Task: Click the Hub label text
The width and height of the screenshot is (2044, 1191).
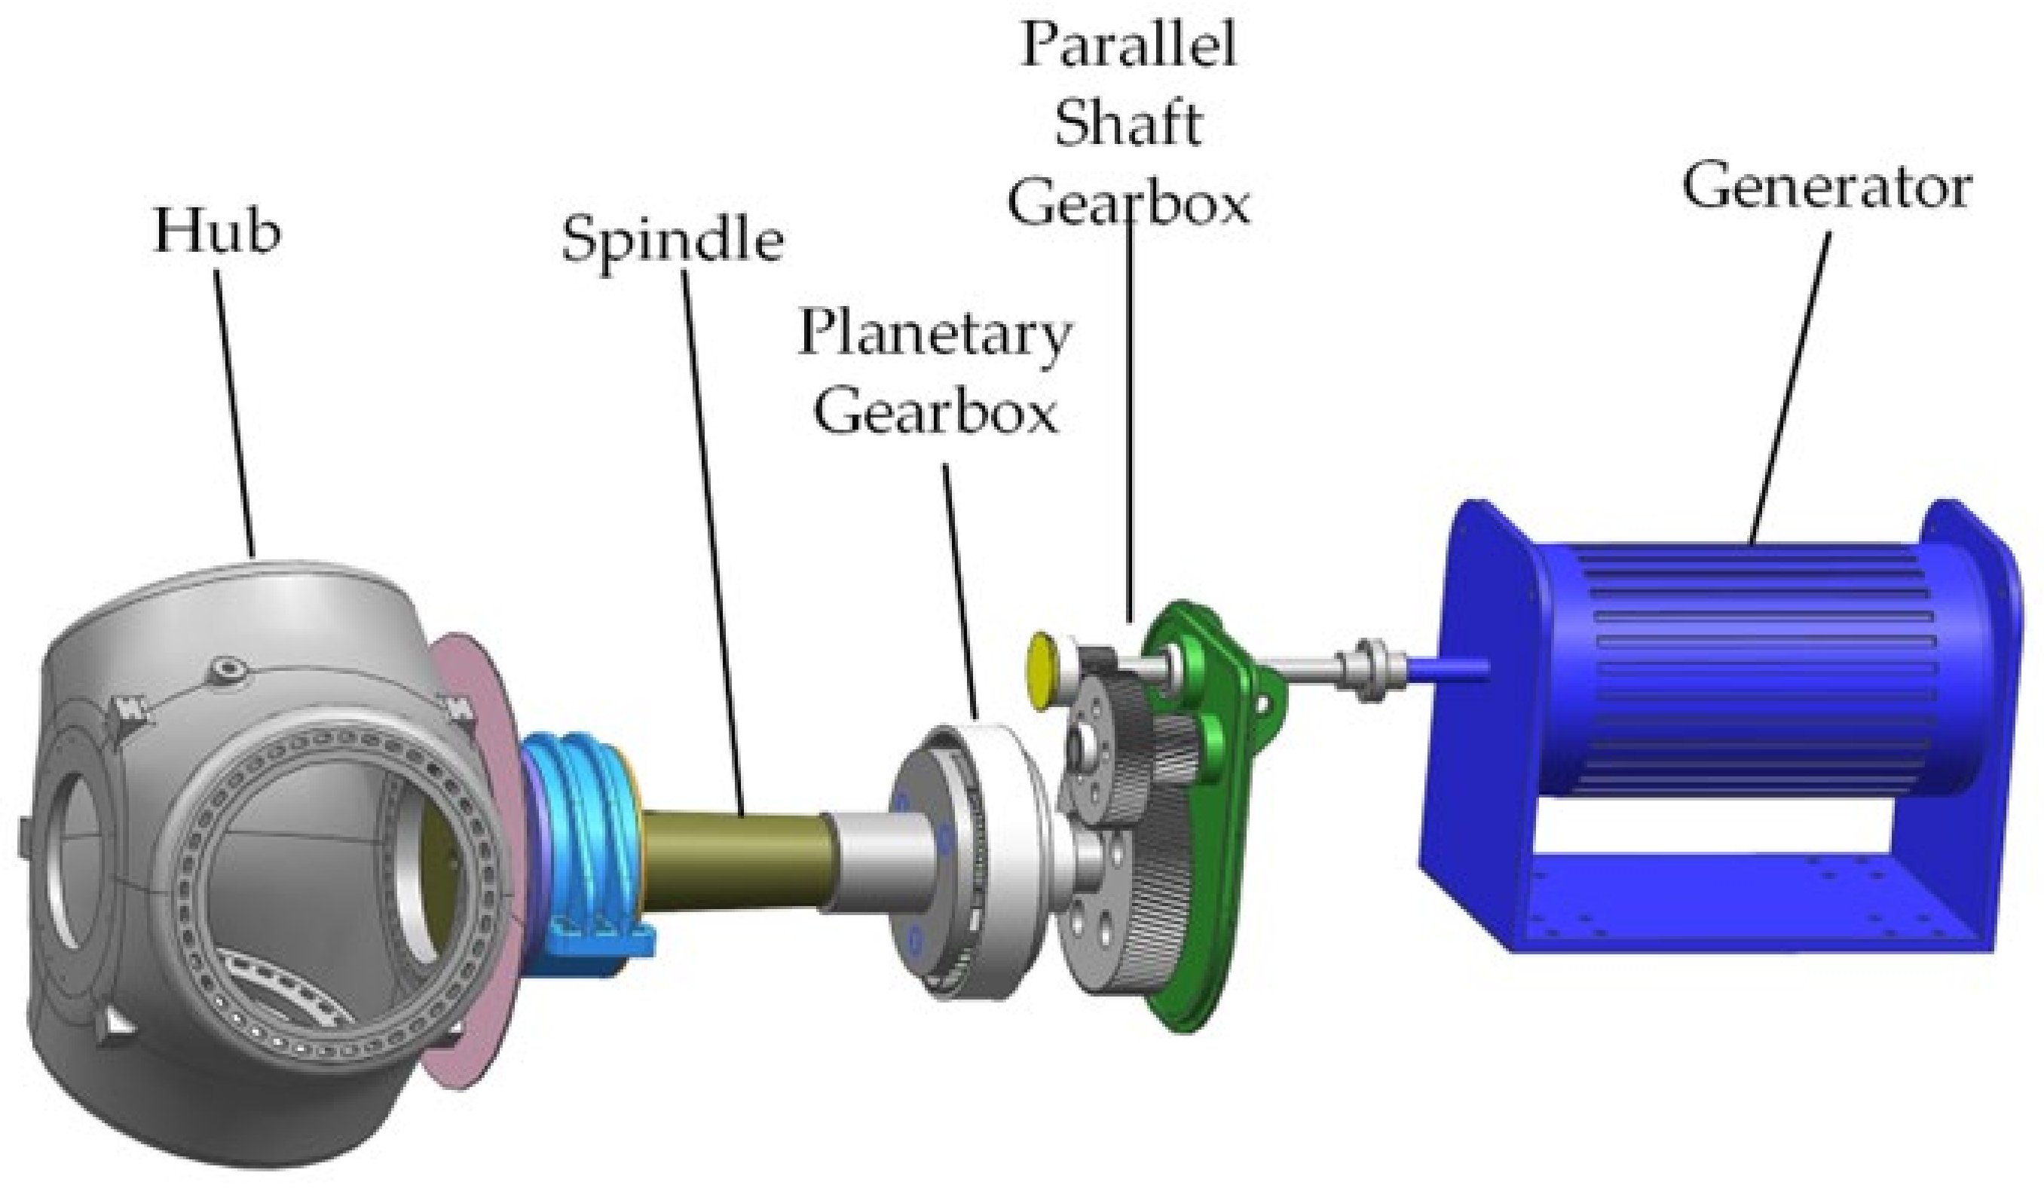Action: (217, 231)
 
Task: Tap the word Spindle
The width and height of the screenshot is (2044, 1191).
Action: (673, 240)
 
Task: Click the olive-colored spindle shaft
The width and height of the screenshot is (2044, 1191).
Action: (738, 860)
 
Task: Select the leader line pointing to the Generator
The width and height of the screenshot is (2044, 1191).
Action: (1788, 390)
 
